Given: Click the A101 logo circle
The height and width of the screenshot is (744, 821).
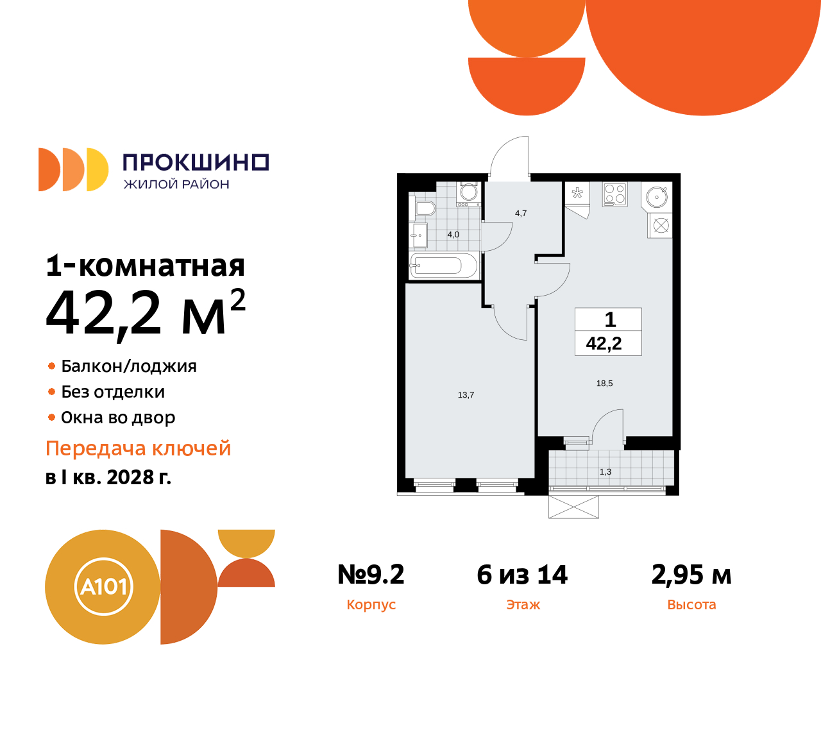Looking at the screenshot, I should coord(103,586).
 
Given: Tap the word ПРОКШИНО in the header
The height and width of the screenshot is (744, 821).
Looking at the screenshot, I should coord(195,162).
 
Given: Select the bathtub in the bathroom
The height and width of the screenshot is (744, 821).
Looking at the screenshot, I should coord(443,266).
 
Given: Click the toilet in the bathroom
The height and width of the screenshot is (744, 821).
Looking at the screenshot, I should coord(424,208).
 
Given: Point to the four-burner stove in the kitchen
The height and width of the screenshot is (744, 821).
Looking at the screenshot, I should coord(615,194).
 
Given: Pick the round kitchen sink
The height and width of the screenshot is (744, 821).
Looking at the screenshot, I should coord(657,196).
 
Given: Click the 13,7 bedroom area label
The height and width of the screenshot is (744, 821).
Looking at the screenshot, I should coord(466,395).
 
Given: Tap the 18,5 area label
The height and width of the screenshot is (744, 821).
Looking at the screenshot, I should coord(604,384).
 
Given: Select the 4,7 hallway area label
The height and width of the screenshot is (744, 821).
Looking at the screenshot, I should coord(520,214).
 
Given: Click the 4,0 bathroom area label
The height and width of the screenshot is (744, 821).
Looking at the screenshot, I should coord(453,235).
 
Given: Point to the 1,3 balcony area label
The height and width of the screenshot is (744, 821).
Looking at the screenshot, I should coord(605,472).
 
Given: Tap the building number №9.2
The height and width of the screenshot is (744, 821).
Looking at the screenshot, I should coord(371,575).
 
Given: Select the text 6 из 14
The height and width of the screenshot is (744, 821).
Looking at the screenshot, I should coord(522,575).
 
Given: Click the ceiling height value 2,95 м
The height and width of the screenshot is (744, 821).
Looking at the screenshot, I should coord(691,575).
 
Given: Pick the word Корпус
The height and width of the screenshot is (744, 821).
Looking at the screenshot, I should coord(371,605).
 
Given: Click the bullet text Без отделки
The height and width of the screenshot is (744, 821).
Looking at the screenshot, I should coord(113,392).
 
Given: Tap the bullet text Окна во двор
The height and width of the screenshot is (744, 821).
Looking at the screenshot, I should coord(118,418).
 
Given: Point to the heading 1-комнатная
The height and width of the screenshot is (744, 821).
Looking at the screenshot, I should coord(146,266).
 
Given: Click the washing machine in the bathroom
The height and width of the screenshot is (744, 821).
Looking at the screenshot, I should coord(469,192).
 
